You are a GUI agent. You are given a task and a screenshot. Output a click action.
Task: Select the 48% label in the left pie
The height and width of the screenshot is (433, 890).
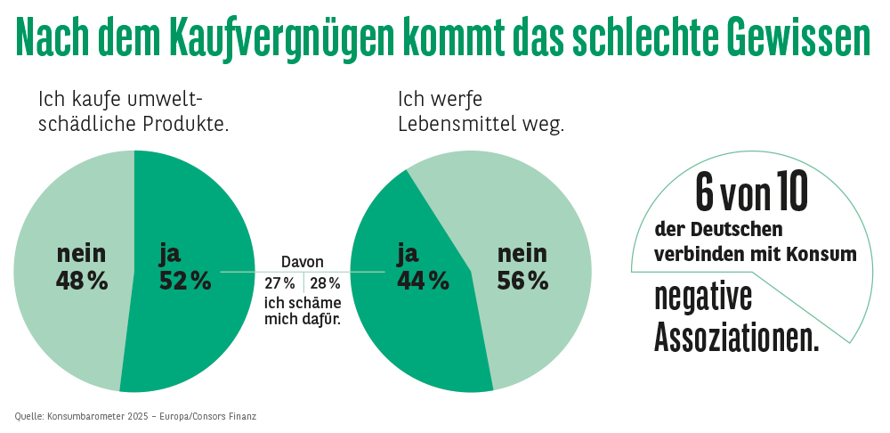82,282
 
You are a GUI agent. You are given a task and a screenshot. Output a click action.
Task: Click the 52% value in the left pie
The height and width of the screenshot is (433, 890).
185,282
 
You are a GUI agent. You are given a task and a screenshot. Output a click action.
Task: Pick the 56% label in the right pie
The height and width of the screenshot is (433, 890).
522,282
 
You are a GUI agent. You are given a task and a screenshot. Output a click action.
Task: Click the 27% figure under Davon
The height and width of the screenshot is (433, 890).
279,283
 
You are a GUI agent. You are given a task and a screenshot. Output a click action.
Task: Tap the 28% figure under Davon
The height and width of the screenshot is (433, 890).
325,283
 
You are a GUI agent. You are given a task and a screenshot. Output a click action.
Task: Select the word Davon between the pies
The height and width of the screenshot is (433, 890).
303,262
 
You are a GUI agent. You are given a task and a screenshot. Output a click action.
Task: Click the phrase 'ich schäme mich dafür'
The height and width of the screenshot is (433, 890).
303,310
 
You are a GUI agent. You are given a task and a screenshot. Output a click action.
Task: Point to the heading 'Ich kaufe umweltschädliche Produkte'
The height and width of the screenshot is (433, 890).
133,111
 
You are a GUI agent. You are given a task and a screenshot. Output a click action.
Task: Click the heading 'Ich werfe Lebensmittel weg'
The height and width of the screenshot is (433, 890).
481,111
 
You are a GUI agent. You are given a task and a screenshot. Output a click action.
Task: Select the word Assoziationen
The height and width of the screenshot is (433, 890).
737,337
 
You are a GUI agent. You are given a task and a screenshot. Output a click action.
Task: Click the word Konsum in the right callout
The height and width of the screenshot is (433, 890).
821,254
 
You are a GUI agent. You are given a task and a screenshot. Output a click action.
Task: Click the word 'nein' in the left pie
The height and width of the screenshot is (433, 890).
82,254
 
